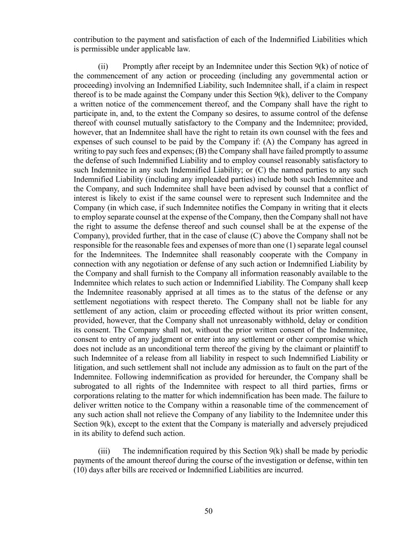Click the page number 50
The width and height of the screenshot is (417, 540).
point(209,511)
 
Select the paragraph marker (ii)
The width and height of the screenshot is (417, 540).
point(103,66)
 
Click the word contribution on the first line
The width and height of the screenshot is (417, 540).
point(92,40)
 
